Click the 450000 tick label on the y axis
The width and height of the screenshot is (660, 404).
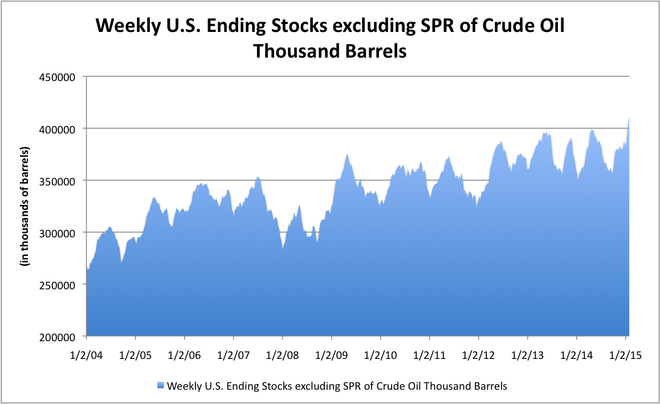coord(58,76)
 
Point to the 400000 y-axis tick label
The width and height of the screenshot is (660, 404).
coord(58,128)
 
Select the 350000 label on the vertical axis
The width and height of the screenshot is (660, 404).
coord(58,181)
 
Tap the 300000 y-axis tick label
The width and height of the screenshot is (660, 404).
coord(58,233)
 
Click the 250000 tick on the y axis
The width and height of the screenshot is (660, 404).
coord(58,285)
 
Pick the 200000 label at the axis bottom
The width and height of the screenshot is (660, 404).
coord(58,337)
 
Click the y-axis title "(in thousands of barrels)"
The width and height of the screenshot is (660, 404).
coord(26,207)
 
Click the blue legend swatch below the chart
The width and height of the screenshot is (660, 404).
coord(162,386)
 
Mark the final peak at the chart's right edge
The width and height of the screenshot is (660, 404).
coord(629,118)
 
